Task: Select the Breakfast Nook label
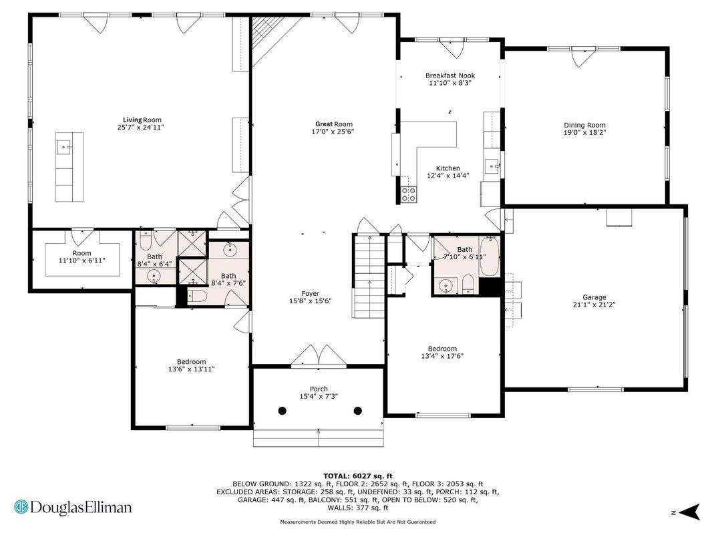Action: (x=450, y=75)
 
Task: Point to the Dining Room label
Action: (x=584, y=125)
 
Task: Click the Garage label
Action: (x=594, y=297)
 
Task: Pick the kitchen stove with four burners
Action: (x=409, y=194)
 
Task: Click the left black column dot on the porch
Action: (x=283, y=411)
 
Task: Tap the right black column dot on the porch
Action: (x=358, y=411)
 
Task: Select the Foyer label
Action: (x=311, y=294)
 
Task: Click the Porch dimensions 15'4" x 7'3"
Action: (x=319, y=396)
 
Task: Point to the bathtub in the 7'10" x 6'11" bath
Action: (x=490, y=256)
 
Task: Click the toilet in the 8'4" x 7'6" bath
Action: (x=197, y=297)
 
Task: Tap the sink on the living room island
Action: (x=63, y=148)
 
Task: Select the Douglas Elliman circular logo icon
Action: (x=21, y=508)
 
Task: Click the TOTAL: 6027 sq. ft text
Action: (x=358, y=476)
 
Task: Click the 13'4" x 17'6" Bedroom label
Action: (x=442, y=352)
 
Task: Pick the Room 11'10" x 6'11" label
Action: (x=82, y=256)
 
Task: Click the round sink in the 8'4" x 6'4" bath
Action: (x=154, y=276)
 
